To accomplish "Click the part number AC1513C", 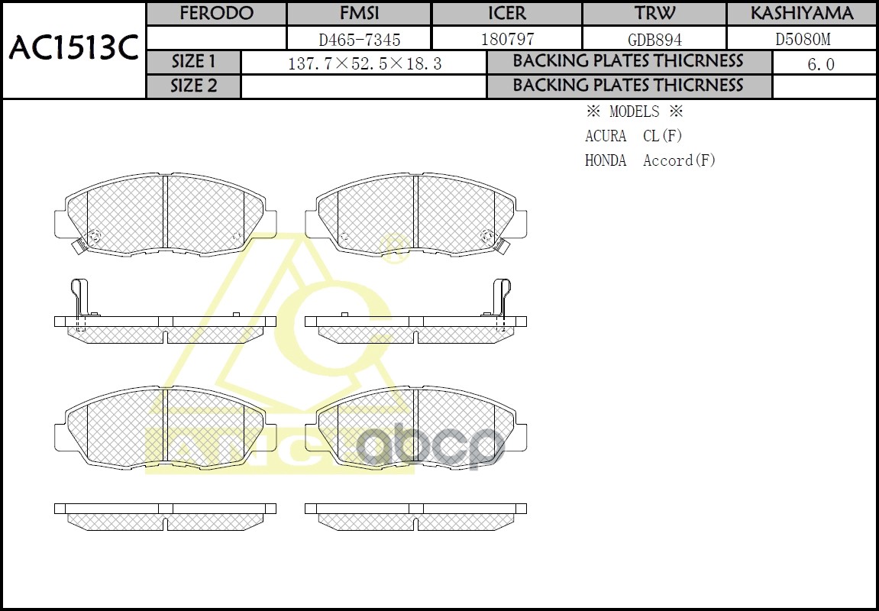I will pyautogui.click(x=73, y=49).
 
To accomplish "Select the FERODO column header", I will pyautogui.click(x=216, y=14).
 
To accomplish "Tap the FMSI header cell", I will pyautogui.click(x=359, y=14).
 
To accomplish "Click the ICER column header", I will pyautogui.click(x=506, y=14).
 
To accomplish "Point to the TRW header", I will pyautogui.click(x=654, y=14).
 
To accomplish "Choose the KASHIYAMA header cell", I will pyautogui.click(x=801, y=14).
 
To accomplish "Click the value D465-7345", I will pyautogui.click(x=359, y=39).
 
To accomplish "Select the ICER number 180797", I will pyautogui.click(x=506, y=39).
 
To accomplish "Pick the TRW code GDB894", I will pyautogui.click(x=654, y=39).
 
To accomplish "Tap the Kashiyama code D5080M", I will pyautogui.click(x=801, y=39).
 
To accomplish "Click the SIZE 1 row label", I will pyautogui.click(x=193, y=62).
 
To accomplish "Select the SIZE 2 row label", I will pyautogui.click(x=193, y=86).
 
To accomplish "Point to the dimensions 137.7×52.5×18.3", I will pyautogui.click(x=364, y=63).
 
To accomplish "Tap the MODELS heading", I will pyautogui.click(x=634, y=112).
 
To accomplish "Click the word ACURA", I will pyautogui.click(x=606, y=136).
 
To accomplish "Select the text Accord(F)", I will pyautogui.click(x=679, y=160).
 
